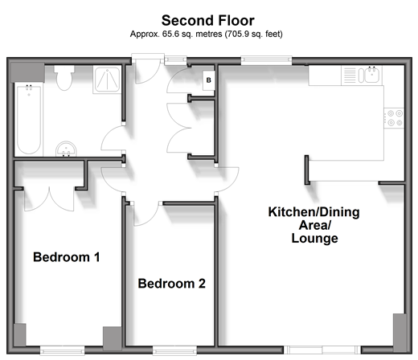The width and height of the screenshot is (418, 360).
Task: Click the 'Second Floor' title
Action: click(208, 21)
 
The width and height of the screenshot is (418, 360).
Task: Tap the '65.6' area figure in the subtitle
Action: click(170, 35)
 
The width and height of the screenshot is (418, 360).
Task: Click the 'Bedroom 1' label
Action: click(67, 257)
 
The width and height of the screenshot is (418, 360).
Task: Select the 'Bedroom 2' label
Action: click(172, 284)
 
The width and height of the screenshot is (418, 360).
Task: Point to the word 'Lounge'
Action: click(315, 238)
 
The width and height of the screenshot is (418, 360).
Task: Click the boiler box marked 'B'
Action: click(208, 80)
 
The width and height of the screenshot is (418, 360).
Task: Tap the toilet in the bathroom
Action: click(64, 78)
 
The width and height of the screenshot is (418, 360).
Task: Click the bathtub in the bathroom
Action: click(29, 119)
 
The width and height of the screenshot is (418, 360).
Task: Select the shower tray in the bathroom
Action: click(107, 80)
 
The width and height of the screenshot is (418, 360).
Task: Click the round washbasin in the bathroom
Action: click(66, 149)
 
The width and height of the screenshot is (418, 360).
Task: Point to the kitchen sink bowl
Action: click(371, 76)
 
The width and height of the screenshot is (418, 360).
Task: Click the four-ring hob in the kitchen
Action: click(394, 118)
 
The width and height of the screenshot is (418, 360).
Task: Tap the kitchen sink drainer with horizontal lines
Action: click(350, 76)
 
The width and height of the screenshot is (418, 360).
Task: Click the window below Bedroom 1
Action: click(62, 350)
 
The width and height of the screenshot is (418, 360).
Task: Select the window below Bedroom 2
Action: click(174, 350)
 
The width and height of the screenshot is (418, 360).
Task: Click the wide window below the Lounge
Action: click(322, 350)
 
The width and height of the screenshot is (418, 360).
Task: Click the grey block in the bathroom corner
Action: click(27, 72)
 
